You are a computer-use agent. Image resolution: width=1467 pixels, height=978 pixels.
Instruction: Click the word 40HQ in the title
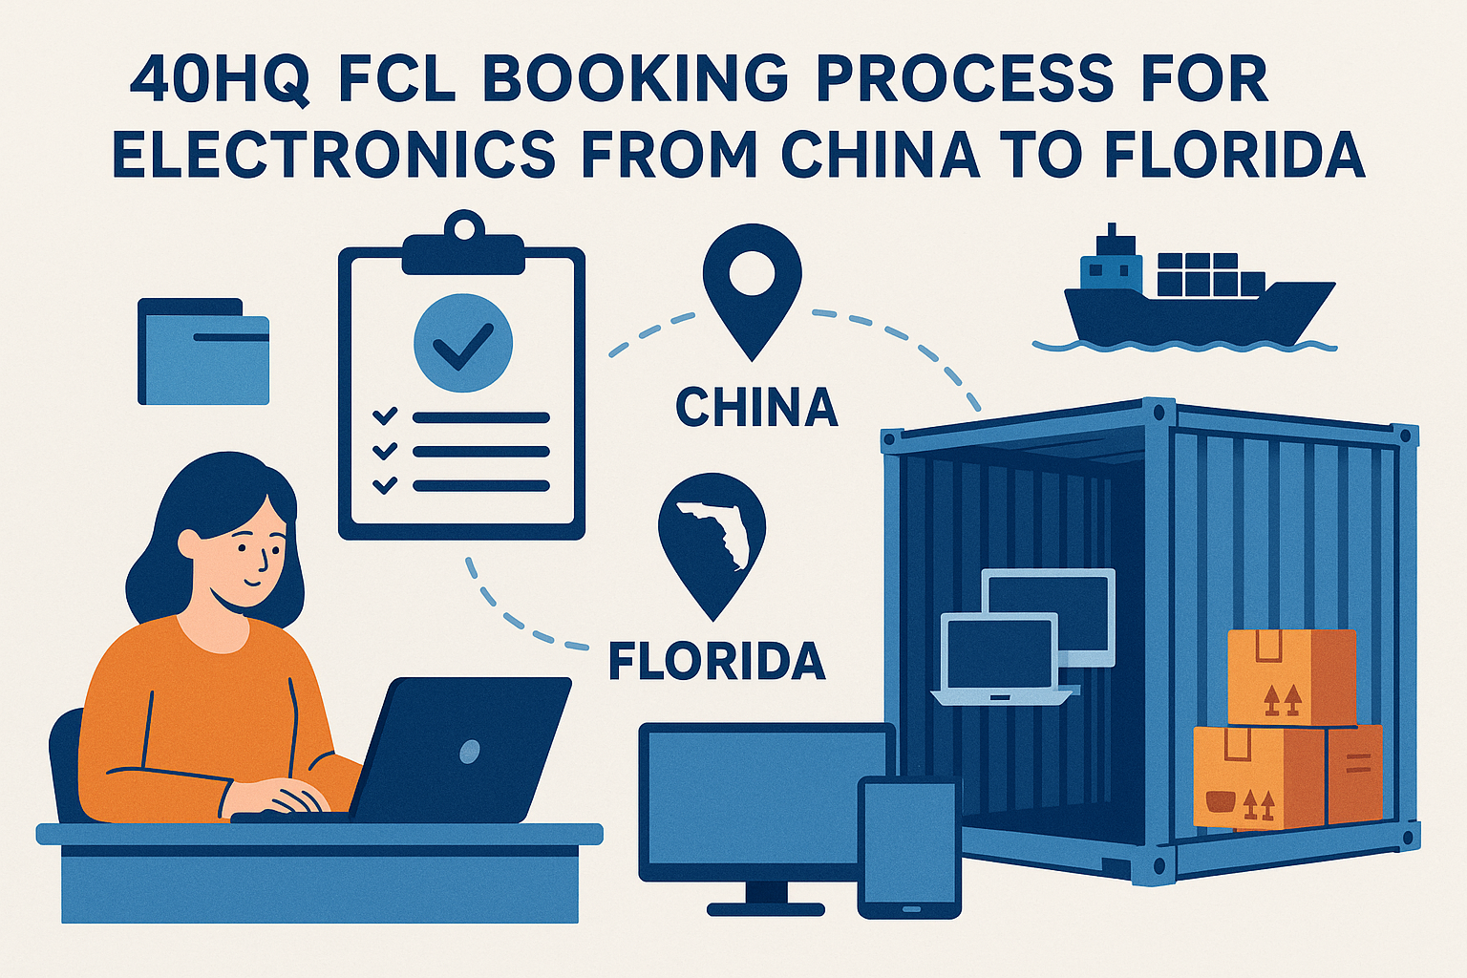click(x=219, y=79)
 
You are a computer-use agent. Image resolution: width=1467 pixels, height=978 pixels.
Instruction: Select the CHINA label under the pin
click(x=756, y=408)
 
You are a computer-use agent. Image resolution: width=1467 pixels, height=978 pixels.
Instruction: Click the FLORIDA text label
click(x=716, y=661)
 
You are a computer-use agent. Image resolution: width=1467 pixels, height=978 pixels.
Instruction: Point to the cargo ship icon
click(x=1198, y=296)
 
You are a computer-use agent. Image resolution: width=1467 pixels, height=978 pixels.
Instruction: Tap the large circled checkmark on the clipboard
click(x=463, y=341)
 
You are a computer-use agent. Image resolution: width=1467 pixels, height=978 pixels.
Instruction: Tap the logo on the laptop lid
click(x=469, y=752)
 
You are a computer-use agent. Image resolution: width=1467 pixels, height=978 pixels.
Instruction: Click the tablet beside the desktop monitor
click(x=909, y=846)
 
